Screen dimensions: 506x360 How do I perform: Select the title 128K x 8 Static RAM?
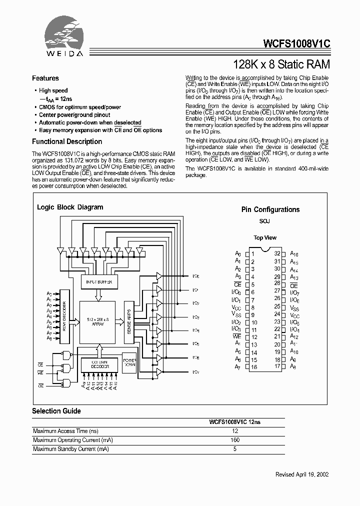[x=282, y=64]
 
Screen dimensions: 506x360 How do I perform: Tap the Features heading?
[x=45, y=78]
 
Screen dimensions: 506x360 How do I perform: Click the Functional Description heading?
[x=67, y=141]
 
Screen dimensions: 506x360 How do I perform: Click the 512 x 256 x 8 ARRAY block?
[x=98, y=321]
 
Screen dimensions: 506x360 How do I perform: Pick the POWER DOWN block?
[x=129, y=362]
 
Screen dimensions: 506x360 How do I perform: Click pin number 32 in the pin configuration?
[x=277, y=254]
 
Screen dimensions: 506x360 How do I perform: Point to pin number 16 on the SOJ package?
[x=253, y=367]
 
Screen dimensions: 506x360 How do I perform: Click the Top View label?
[x=264, y=238]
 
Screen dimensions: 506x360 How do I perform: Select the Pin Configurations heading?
[x=270, y=210]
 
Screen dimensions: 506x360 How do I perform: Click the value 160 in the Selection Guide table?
[x=235, y=440]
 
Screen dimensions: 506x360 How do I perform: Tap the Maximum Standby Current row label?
[x=71, y=449]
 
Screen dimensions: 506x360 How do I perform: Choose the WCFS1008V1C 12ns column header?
[x=234, y=422]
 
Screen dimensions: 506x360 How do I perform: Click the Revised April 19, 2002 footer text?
[x=302, y=474]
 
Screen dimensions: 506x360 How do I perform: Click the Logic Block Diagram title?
[x=70, y=207]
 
